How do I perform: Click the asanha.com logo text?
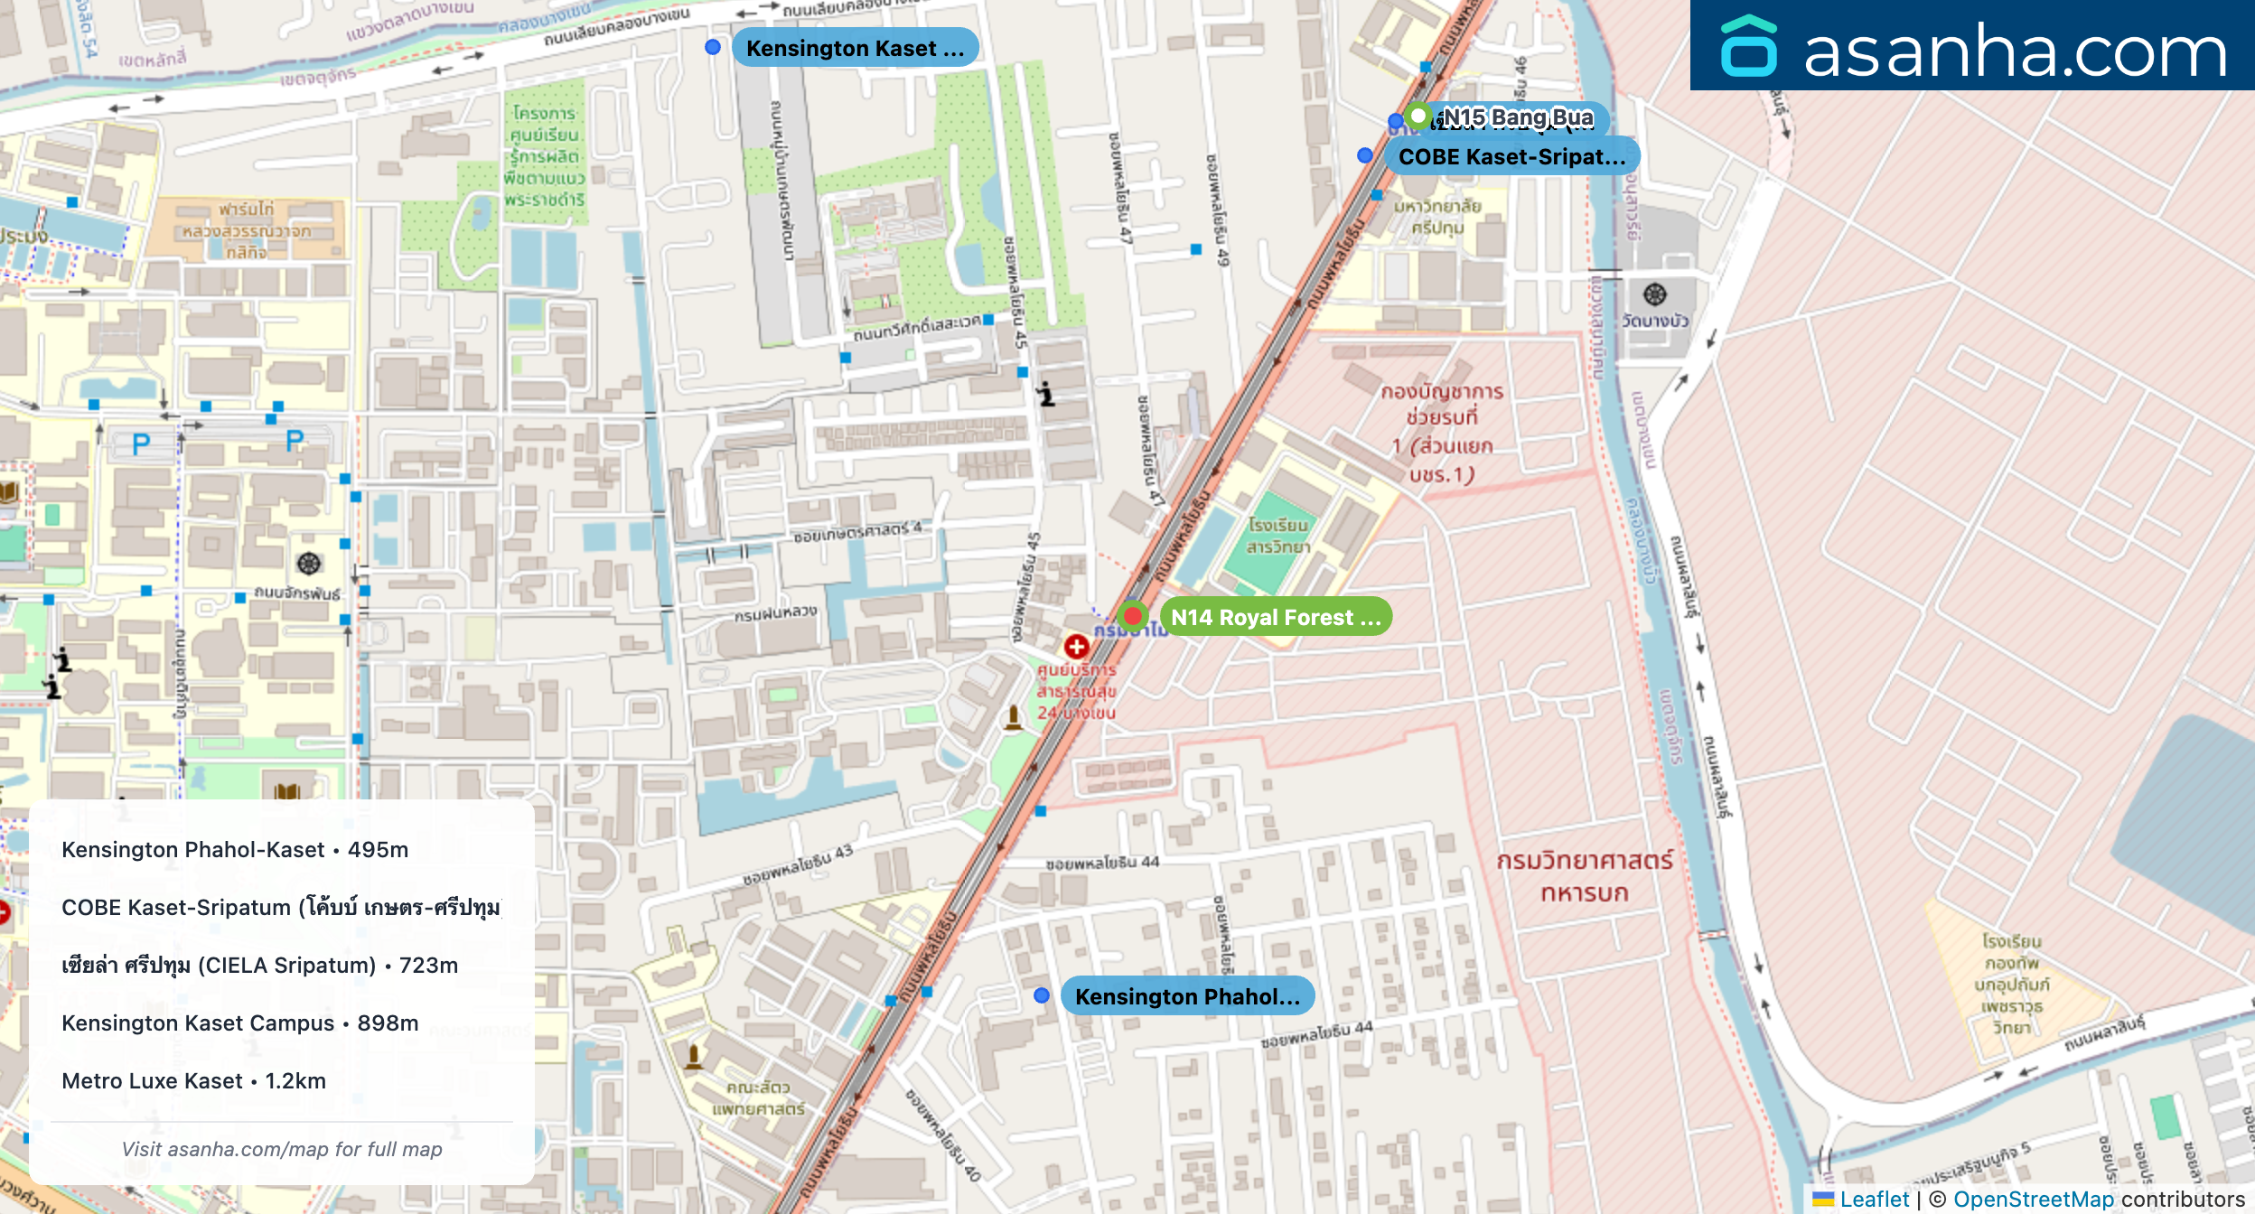(2015, 51)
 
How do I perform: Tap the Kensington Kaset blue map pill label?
(855, 48)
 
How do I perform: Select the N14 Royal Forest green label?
(1276, 617)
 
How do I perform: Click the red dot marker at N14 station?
(1132, 616)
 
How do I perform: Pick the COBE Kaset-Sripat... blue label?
(1511, 156)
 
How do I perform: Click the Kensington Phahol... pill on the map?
(1187, 996)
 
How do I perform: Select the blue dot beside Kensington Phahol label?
(1042, 995)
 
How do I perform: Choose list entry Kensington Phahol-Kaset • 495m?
(235, 850)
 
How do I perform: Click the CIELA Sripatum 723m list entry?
(259, 966)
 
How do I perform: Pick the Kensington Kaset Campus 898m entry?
(239, 1023)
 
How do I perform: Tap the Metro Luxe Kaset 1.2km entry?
(193, 1081)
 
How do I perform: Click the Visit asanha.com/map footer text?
(282, 1149)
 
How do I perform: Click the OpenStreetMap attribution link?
(2033, 1199)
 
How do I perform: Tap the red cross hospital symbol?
(1076, 647)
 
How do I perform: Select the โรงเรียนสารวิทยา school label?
(1277, 536)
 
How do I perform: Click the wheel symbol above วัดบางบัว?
(1654, 294)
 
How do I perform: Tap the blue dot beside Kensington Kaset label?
(713, 47)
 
